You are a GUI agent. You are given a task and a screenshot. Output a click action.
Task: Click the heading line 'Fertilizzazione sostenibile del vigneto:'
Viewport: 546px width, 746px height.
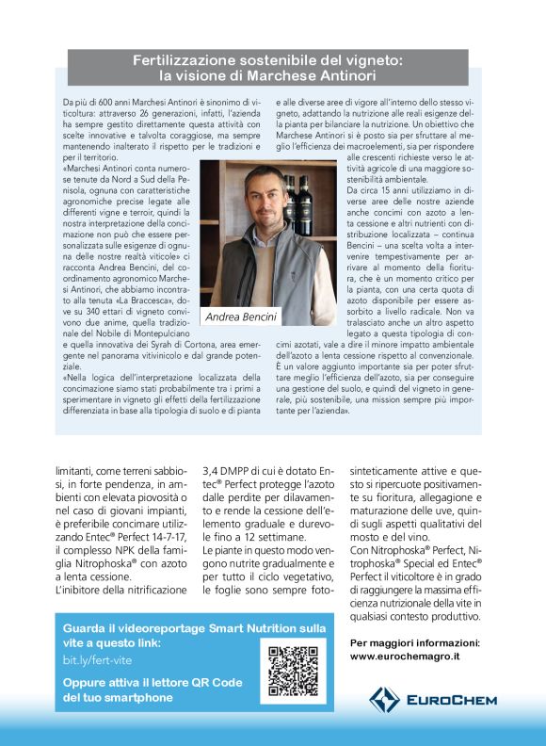[268, 60]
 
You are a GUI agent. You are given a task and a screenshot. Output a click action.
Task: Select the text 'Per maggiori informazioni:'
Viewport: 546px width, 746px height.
[414, 641]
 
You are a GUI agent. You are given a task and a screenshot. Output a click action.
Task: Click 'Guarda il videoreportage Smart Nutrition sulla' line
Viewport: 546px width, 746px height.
[194, 627]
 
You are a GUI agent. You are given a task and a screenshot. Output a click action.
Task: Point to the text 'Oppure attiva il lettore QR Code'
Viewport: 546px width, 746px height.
[153, 682]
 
